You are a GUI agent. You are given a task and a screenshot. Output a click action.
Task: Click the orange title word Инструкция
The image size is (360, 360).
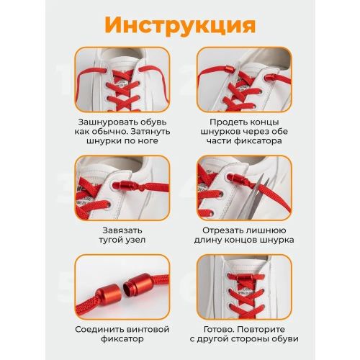pyautogui.click(x=180, y=25)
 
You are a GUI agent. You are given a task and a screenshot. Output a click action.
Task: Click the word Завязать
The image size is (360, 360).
pyautogui.click(x=122, y=230)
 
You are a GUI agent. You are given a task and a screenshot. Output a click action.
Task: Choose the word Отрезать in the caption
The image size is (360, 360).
pyautogui.click(x=221, y=230)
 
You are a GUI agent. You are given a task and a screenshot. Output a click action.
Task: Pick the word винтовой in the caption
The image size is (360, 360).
pyautogui.click(x=149, y=329)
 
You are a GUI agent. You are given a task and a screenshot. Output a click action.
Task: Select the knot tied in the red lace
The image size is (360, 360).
pyautogui.click(x=142, y=187)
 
